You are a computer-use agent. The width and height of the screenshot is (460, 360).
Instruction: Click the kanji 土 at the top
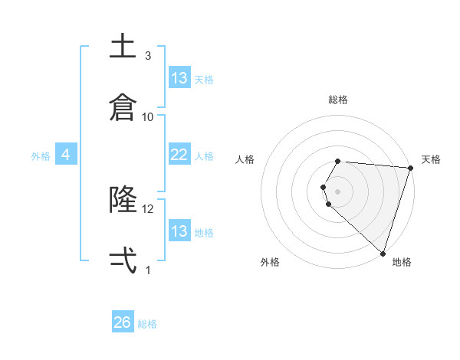point(123,47)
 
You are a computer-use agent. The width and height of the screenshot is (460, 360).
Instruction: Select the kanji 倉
point(123,106)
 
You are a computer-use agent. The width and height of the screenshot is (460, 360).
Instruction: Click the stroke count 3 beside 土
point(148,56)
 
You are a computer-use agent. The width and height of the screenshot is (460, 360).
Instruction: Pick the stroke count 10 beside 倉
point(148,116)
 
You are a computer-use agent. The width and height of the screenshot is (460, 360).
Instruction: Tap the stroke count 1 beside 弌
point(148,270)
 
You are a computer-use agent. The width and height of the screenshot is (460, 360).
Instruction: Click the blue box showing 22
point(179,155)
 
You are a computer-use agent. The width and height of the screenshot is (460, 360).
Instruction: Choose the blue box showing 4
point(66,155)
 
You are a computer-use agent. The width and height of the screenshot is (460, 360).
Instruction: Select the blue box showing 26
point(123,322)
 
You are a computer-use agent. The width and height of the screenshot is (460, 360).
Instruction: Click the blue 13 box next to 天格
point(179,77)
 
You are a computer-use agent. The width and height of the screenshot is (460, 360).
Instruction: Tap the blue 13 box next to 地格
point(179,231)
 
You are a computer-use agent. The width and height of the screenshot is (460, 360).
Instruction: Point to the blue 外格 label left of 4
point(41,156)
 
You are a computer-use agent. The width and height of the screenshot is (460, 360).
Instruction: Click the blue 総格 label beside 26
point(147,324)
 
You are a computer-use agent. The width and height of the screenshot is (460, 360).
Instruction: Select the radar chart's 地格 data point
point(383,253)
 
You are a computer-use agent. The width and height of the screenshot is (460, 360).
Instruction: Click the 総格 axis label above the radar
point(337,100)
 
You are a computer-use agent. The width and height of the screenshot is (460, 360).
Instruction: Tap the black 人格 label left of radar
point(245,159)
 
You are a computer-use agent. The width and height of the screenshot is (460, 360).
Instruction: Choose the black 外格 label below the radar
point(270,262)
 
